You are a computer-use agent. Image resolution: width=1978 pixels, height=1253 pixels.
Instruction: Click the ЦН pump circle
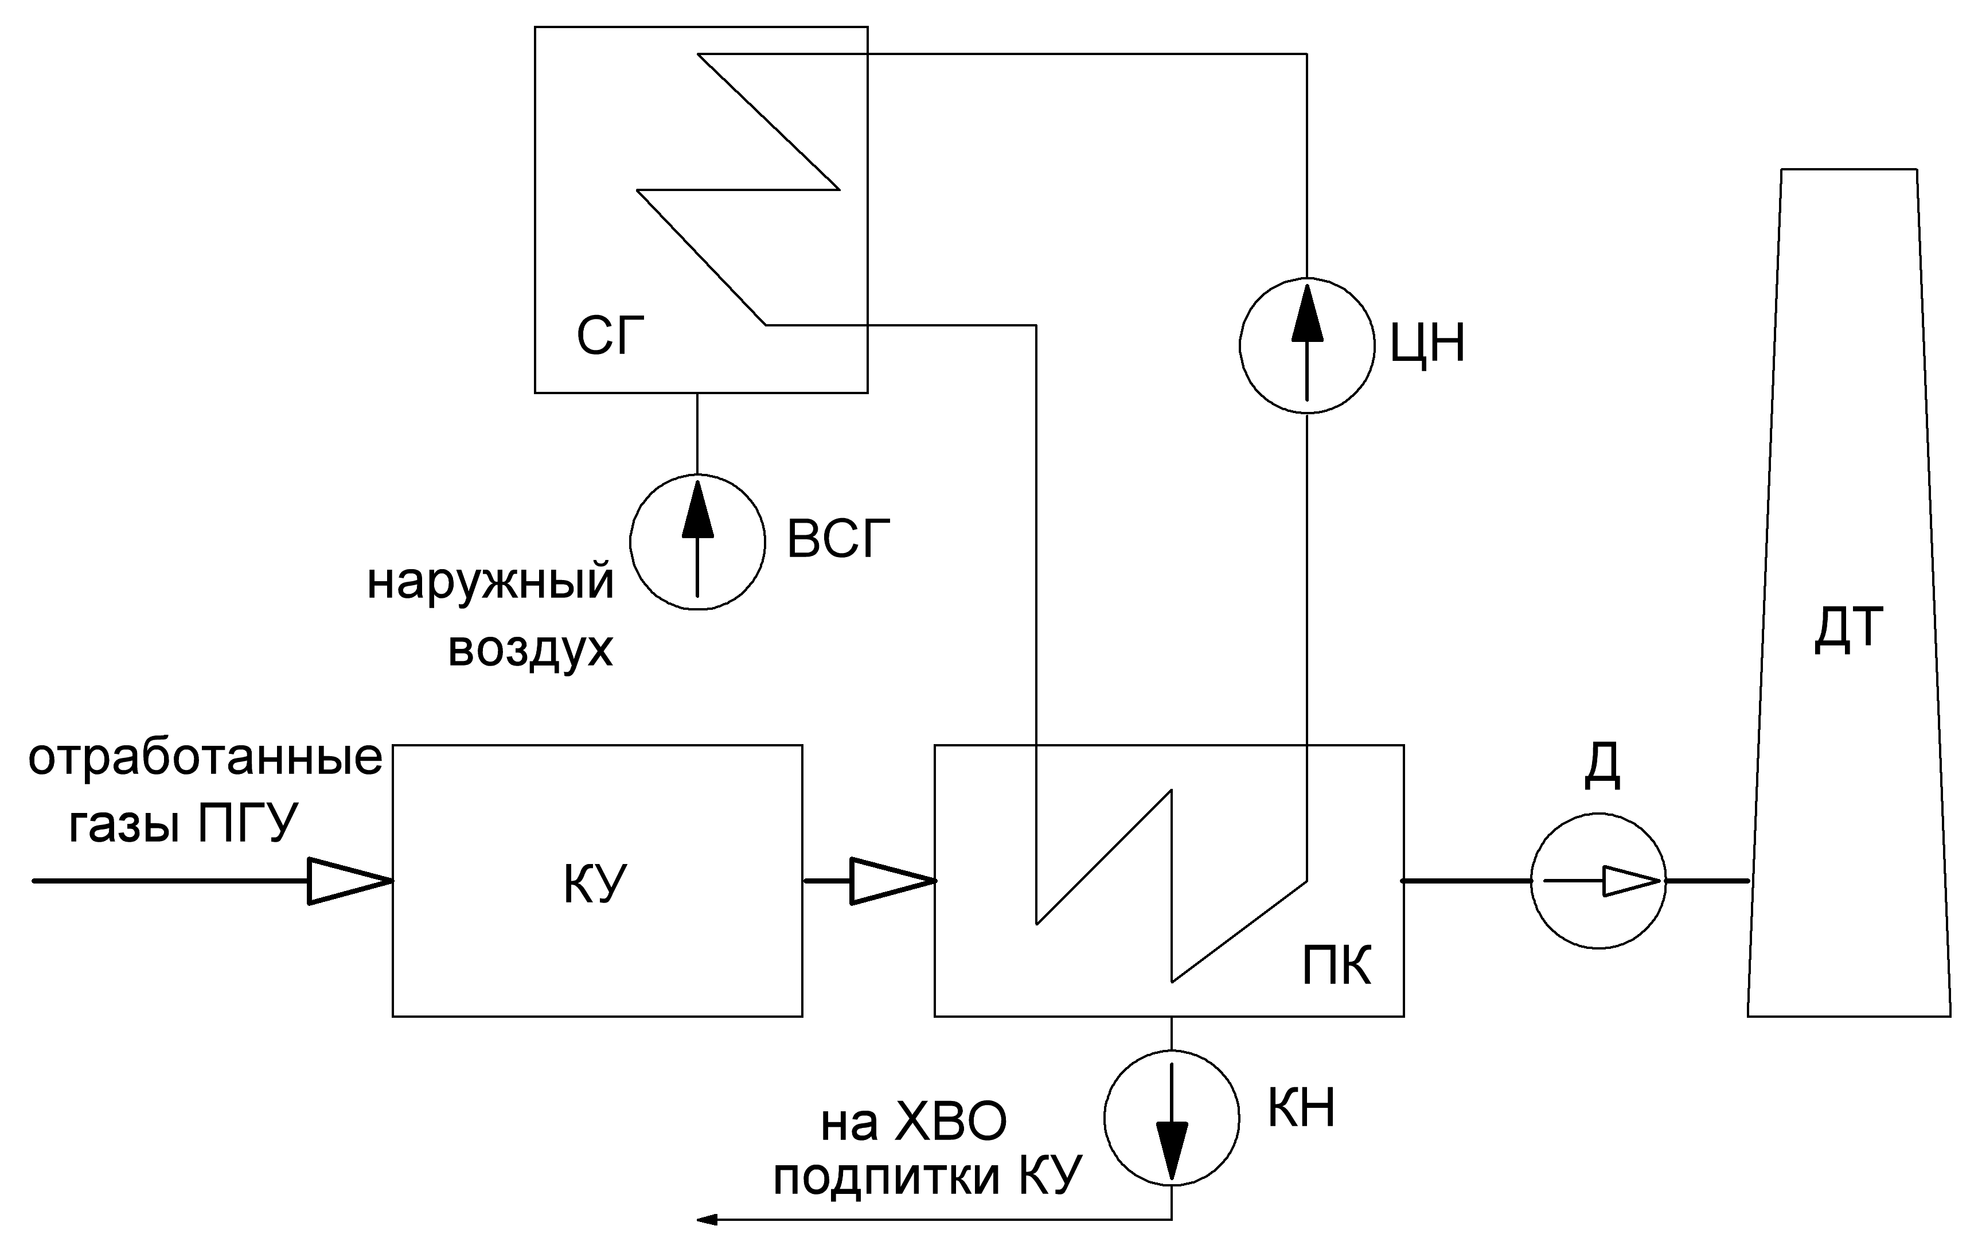1306,345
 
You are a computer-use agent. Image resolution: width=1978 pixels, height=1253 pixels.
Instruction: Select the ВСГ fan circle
697,542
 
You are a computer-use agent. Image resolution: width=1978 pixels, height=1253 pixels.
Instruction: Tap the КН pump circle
1171,1118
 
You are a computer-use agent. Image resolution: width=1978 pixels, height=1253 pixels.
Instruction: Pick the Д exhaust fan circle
1598,881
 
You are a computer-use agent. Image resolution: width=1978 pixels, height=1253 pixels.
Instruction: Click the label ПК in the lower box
1336,966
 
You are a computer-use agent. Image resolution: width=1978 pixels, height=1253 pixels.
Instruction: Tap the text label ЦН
1427,344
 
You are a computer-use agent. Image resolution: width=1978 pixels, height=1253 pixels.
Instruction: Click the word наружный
490,582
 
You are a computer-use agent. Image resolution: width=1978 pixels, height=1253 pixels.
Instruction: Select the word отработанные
205,757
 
